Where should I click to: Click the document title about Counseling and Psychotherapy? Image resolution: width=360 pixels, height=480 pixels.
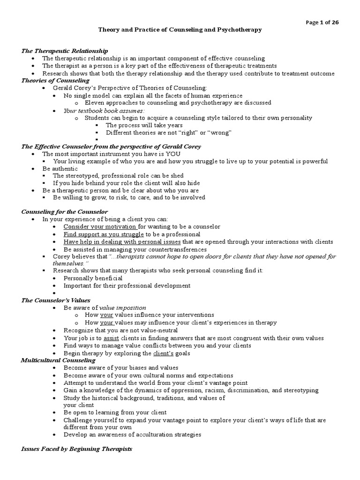180,30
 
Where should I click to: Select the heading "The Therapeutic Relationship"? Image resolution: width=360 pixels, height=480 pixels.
65,51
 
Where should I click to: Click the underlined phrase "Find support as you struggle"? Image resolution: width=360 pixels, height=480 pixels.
104,234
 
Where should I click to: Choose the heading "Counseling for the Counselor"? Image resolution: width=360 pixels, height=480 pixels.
65,212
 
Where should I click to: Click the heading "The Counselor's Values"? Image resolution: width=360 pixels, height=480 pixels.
56,300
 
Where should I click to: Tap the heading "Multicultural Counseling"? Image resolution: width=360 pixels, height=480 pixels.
58,360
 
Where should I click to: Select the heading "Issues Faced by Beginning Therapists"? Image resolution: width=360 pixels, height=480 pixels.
76,449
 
